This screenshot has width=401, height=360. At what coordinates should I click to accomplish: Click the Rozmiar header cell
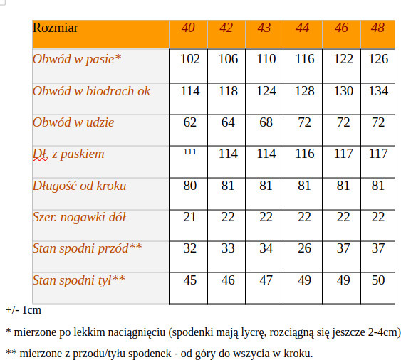tap(56, 28)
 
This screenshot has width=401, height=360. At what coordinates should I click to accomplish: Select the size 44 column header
tap(303, 28)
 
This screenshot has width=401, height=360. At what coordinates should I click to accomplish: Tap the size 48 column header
tap(378, 28)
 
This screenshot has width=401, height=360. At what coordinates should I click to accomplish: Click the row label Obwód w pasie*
tap(77, 59)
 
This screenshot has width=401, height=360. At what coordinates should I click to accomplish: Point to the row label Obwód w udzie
tap(73, 122)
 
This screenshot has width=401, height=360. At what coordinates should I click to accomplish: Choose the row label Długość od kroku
tap(79, 186)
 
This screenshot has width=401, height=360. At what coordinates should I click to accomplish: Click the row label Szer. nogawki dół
tap(79, 217)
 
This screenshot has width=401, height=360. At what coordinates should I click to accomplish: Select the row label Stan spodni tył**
tap(79, 280)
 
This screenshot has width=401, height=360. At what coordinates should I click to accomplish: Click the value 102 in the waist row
tap(190, 59)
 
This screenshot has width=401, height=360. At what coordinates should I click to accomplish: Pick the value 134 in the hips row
tap(378, 91)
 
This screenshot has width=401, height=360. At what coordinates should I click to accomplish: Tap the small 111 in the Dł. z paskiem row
tap(189, 152)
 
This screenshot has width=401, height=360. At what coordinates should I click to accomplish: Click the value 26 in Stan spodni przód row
tap(303, 248)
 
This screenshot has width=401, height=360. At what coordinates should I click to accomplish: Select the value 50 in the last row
tap(378, 280)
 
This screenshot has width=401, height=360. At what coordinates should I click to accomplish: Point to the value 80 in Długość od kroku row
tap(190, 186)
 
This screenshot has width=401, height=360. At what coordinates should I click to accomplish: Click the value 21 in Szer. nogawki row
tap(190, 217)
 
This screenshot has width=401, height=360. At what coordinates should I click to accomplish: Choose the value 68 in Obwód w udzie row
tap(266, 122)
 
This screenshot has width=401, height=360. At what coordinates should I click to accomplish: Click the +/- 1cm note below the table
tap(24, 310)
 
